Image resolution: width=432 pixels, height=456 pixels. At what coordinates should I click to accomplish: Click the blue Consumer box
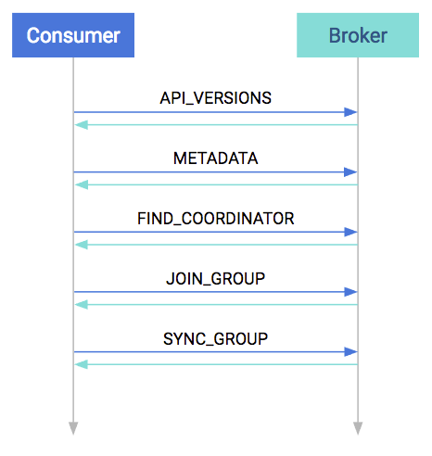pyautogui.click(x=73, y=35)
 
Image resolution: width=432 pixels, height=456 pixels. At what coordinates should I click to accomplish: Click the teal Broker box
pyautogui.click(x=358, y=35)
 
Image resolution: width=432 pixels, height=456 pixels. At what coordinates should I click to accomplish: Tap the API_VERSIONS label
pyautogui.click(x=216, y=98)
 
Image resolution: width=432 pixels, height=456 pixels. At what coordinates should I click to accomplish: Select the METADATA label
pyautogui.click(x=216, y=158)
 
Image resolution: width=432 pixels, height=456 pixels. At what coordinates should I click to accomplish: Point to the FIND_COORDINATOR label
pyautogui.click(x=216, y=219)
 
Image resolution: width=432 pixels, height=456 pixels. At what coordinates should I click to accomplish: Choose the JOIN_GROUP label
pyautogui.click(x=216, y=279)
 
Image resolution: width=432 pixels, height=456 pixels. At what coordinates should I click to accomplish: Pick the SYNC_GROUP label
pyautogui.click(x=216, y=338)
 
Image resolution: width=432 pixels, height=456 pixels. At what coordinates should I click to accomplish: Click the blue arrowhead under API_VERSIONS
pyautogui.click(x=350, y=112)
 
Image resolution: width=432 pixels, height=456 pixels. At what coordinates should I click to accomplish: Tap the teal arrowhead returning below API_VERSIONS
pyautogui.click(x=82, y=125)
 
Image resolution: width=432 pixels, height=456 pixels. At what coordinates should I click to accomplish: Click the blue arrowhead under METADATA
pyautogui.click(x=350, y=172)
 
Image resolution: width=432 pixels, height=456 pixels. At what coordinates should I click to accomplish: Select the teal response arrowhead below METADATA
pyautogui.click(x=82, y=185)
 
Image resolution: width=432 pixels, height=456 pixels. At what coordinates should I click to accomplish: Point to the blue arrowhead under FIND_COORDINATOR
pyautogui.click(x=350, y=232)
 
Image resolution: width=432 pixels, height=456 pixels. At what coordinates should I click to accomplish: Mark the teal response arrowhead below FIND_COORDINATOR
pyautogui.click(x=82, y=245)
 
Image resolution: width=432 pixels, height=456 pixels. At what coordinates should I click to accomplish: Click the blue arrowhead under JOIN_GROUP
pyautogui.click(x=350, y=292)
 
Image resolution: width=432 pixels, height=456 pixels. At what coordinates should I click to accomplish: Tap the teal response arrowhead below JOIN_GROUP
pyautogui.click(x=82, y=305)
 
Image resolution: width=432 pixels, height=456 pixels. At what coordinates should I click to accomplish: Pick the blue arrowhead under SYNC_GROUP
pyautogui.click(x=350, y=352)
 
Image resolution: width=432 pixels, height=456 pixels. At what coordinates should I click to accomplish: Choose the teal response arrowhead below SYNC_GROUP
pyautogui.click(x=82, y=365)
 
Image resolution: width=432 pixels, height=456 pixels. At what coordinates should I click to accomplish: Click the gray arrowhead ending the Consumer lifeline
pyautogui.click(x=73, y=428)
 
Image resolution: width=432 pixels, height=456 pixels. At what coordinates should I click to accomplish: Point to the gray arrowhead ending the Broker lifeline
pyautogui.click(x=358, y=428)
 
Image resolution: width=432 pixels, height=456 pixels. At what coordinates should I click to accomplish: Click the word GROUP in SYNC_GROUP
pyautogui.click(x=241, y=338)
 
